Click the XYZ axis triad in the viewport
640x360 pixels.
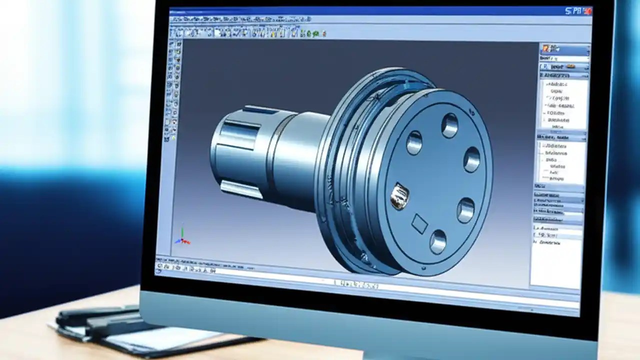click(181, 237)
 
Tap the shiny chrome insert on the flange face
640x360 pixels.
click(399, 195)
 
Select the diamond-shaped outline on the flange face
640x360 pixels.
click(419, 224)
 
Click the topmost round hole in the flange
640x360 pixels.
click(449, 125)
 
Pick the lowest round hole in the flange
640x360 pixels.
click(438, 241)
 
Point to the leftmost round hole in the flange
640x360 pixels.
click(414, 142)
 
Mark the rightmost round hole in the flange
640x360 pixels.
click(471, 159)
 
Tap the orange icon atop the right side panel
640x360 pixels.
click(547, 48)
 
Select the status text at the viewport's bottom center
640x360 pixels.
click(356, 283)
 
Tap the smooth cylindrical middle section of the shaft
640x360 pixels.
click(295, 150)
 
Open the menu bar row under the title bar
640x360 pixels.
click(240, 19)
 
